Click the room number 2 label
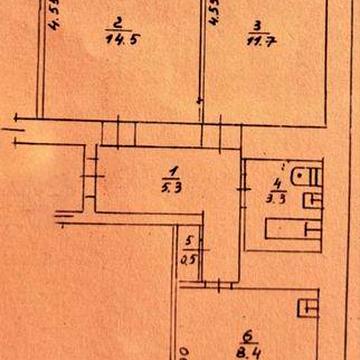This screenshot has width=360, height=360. [117, 22]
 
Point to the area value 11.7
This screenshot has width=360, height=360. [258, 40]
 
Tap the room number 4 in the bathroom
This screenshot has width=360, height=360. [275, 182]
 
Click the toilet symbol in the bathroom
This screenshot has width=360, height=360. [303, 178]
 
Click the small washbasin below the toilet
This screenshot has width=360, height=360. [313, 200]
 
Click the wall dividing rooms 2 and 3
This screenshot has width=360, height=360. [204, 60]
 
